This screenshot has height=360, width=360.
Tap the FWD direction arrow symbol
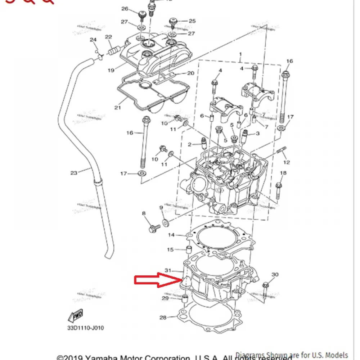(76, 316)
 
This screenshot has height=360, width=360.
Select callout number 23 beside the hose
(74, 173)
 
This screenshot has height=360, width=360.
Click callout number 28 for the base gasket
(163, 318)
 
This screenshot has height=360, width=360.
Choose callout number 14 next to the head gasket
(171, 235)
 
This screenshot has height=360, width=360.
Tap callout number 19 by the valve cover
(111, 71)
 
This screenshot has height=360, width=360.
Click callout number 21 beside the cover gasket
(117, 108)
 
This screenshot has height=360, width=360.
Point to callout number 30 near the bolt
(275, 275)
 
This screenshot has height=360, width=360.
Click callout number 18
(283, 173)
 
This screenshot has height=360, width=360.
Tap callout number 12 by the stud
(287, 163)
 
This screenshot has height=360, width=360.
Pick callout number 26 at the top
(125, 9)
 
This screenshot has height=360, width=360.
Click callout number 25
(192, 21)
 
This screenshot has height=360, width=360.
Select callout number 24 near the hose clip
(93, 40)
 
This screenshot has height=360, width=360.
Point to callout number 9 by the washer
(161, 208)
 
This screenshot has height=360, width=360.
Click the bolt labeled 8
(154, 228)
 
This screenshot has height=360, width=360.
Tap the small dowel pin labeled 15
(187, 249)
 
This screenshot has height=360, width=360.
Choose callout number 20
(190, 73)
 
